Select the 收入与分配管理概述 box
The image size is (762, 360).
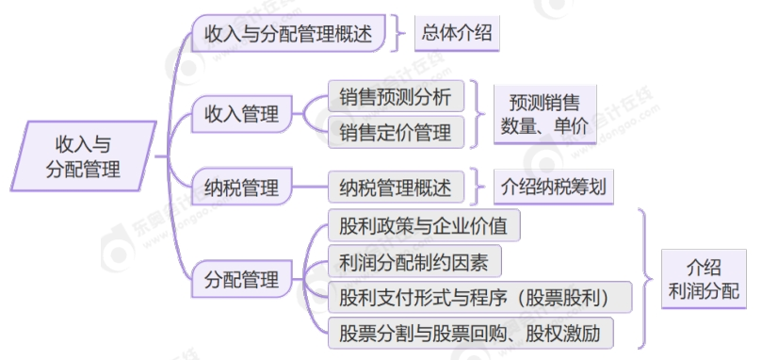click(x=288, y=36)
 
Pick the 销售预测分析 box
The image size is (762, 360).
click(x=396, y=97)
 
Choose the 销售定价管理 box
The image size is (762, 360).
click(x=396, y=132)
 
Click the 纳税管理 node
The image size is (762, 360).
click(x=242, y=188)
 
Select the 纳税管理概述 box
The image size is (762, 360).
click(x=396, y=188)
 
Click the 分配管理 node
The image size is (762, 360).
click(x=242, y=280)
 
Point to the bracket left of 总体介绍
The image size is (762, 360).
click(x=398, y=36)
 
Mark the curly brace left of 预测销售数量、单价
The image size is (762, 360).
click(x=478, y=114)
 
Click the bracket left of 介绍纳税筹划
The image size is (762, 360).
click(x=478, y=187)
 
